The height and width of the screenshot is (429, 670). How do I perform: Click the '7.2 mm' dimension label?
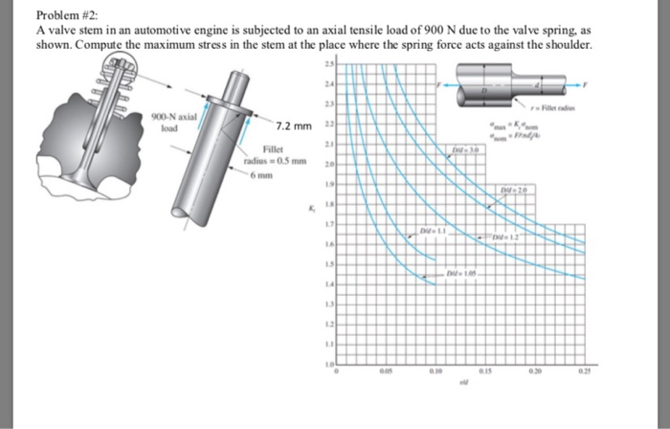[x=294, y=126]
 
